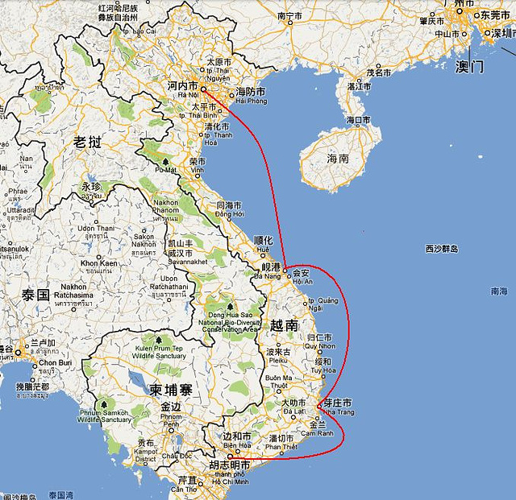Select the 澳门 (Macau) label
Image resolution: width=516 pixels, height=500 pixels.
[469, 67]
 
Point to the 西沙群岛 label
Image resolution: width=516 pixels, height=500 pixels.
[442, 249]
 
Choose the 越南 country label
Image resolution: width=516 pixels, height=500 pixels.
[284, 325]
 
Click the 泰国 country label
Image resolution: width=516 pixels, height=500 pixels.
[38, 294]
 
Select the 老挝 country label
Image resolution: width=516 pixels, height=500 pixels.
[88, 143]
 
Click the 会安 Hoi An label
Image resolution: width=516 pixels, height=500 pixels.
[301, 272]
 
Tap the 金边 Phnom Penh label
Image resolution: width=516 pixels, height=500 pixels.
[171, 407]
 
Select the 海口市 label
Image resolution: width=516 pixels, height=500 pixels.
[358, 120]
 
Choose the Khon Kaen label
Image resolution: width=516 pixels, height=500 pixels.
[99, 263]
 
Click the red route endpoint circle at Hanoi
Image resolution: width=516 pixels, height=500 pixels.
[204, 89]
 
